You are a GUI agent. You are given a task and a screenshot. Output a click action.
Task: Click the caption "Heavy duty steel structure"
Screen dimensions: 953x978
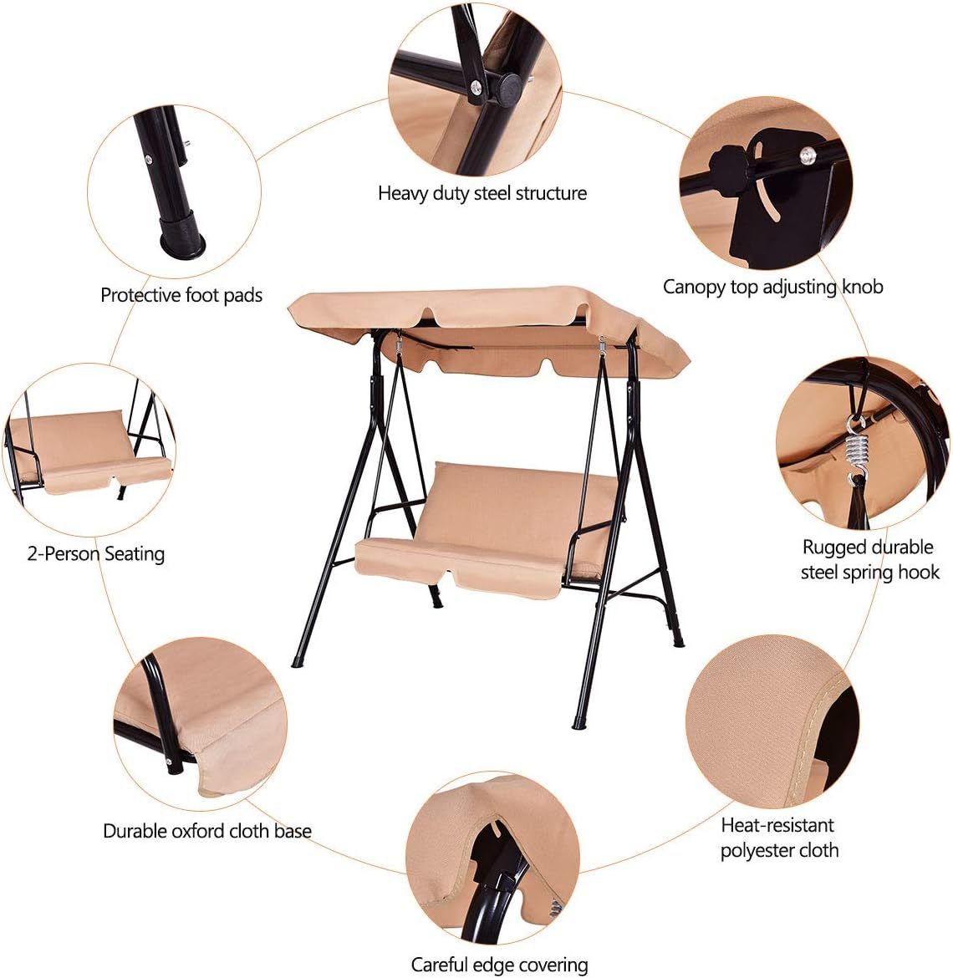point(482,193)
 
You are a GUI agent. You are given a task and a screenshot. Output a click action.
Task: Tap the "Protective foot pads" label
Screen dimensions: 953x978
point(181,295)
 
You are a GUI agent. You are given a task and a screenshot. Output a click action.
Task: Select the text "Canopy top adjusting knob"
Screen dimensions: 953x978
point(772,287)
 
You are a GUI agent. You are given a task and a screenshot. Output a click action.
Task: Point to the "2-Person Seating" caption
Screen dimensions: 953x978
point(95,554)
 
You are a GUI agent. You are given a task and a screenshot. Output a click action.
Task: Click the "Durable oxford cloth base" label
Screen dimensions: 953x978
point(207,831)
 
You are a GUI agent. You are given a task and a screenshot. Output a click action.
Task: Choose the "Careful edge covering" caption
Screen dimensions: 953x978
point(499,965)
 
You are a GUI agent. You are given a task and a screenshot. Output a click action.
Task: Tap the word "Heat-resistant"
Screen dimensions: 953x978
point(777,825)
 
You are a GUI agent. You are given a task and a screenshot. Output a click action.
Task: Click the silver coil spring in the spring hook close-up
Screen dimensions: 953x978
point(858,451)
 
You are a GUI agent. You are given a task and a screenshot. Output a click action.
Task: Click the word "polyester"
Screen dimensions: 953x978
point(755,851)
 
